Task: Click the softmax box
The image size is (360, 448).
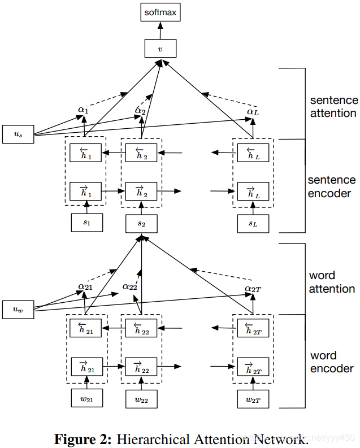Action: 161,12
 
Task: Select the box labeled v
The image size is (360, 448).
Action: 161,48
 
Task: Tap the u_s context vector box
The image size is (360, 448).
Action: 18,134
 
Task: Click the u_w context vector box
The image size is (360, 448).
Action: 18,310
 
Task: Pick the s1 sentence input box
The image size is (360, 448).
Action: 87,222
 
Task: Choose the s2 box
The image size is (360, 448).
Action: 141,223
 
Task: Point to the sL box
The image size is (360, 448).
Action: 253,223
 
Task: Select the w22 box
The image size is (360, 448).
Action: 141,399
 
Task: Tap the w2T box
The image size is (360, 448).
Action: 253,399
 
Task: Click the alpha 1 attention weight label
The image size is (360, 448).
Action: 83,110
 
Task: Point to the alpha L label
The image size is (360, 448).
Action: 253,112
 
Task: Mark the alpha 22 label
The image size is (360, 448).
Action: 130,286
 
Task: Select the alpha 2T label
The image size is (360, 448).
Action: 253,289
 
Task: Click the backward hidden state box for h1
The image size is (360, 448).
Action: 85,153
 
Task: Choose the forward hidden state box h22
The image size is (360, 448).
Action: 141,367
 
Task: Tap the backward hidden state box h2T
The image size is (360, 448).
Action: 253,328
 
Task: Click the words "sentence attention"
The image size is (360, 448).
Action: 333,107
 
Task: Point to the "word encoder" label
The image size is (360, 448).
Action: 332,362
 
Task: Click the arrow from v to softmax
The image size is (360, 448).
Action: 161,31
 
